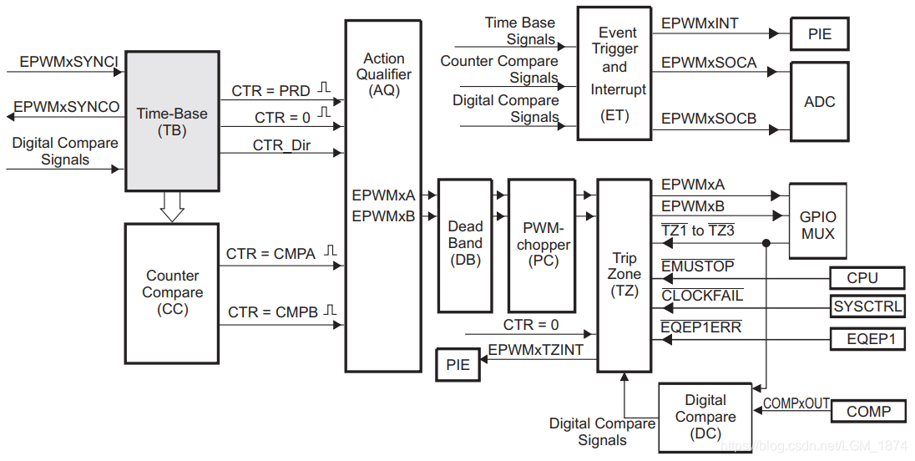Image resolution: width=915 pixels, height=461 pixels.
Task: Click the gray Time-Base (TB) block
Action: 172,121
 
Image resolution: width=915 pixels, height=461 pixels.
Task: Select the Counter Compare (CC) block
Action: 172,293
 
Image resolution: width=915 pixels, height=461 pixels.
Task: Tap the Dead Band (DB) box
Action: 465,245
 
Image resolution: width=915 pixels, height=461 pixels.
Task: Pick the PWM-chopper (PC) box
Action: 543,245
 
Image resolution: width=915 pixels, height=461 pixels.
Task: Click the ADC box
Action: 819,102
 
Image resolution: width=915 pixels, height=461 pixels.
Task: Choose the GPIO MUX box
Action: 817,221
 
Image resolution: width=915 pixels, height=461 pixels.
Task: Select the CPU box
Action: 867,278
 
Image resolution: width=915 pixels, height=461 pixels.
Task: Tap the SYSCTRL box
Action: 867,306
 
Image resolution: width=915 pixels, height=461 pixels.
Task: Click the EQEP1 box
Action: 867,338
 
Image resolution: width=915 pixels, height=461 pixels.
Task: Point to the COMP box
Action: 868,412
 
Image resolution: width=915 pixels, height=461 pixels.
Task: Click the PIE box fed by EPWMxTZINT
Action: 457,365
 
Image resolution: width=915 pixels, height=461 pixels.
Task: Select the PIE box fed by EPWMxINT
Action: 819,34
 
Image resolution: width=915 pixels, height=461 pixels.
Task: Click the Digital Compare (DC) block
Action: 705,418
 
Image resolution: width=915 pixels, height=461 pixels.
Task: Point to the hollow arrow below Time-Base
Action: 172,206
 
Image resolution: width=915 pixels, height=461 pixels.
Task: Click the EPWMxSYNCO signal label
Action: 67,107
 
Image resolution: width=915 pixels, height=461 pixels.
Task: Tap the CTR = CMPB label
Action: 272,312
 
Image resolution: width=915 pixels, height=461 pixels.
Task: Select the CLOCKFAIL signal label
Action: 702,296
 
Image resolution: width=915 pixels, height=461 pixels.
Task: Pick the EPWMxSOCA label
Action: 709,63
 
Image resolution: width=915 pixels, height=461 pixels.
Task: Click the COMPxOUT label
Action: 796,403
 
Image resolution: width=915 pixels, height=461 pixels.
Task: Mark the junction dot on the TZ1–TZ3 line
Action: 766,243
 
